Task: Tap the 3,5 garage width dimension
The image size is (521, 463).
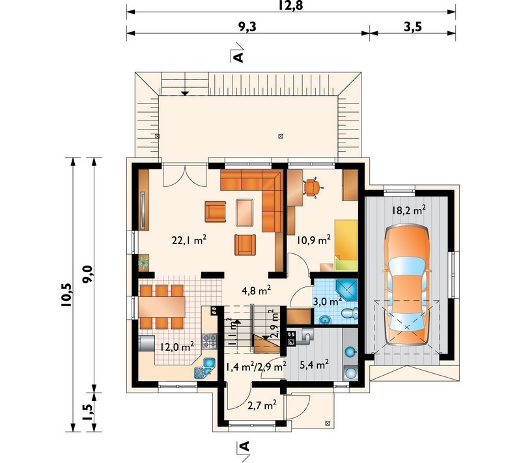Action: pos(413,27)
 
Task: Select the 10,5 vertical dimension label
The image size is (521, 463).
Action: pos(66,294)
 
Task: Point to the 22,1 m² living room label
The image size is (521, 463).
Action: pos(190,240)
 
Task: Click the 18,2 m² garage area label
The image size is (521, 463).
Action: pos(409,210)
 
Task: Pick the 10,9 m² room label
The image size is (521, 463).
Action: pos(314,240)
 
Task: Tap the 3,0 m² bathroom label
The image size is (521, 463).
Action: pos(328,302)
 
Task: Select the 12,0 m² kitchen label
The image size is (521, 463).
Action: pos(177,347)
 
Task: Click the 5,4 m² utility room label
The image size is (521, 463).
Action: pos(314,365)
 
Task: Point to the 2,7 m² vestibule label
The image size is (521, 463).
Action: pos(262,405)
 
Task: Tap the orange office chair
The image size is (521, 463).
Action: pos(312,188)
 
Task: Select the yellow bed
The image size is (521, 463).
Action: pos(346,244)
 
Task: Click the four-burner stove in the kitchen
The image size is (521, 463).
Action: pos(210,341)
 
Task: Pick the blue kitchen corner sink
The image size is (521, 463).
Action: pos(203,368)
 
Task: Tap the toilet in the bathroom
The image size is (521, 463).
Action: pos(350,313)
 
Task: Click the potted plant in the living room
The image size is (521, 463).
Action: pos(144,262)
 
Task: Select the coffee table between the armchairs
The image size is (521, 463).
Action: pos(245,212)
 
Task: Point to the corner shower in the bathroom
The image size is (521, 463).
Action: pos(346,290)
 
